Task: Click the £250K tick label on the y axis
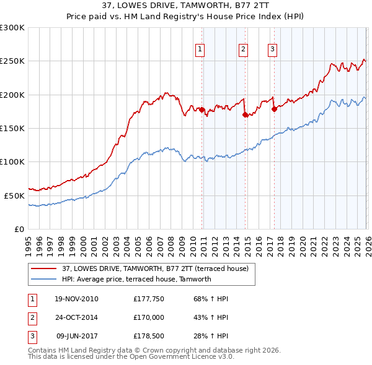[12, 61]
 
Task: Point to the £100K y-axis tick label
[12, 161]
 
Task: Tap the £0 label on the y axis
[19, 229]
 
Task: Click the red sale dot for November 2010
[201, 109]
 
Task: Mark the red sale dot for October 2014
[245, 114]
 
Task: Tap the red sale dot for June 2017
[273, 109]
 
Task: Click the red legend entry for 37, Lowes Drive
[155, 268]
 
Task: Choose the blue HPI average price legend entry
[136, 279]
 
